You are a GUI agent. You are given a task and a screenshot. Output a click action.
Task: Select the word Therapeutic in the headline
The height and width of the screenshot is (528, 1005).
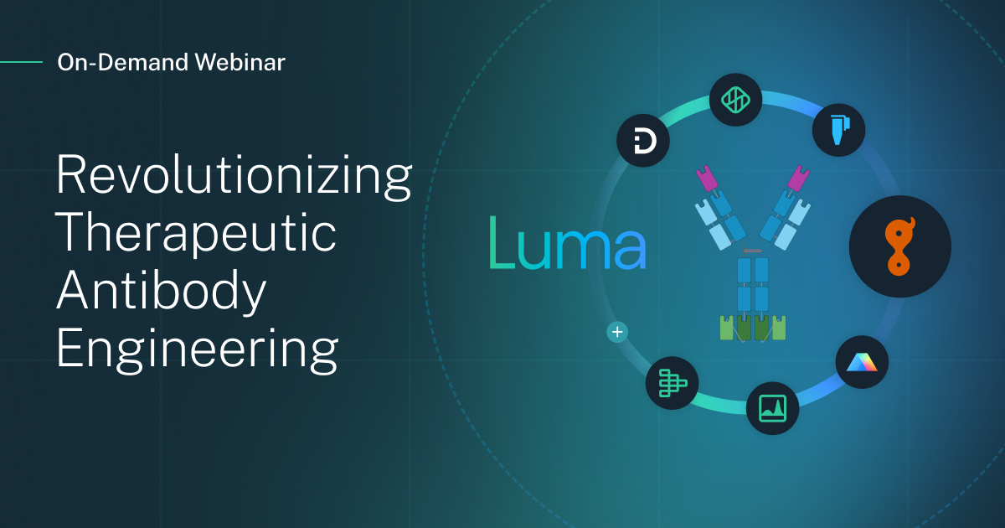click(196, 234)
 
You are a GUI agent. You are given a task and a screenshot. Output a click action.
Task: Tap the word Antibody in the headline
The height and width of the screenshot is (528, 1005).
click(162, 291)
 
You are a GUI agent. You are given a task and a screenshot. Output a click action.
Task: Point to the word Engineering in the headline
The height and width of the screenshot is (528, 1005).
click(198, 348)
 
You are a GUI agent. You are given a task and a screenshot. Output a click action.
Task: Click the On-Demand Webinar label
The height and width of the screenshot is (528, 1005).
click(171, 62)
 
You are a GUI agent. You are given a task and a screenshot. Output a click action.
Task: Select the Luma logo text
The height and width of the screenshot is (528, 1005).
click(567, 243)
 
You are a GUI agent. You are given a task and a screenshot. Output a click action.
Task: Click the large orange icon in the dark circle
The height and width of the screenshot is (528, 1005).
click(899, 246)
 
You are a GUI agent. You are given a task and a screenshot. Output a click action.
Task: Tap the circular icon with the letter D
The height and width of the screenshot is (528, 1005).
click(642, 142)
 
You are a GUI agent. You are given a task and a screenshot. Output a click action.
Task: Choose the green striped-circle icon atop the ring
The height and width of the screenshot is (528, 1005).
click(734, 99)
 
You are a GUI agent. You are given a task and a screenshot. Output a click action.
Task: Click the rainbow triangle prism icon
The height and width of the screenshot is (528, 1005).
click(861, 361)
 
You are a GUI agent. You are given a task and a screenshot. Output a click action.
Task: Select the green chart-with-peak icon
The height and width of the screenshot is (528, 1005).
click(772, 408)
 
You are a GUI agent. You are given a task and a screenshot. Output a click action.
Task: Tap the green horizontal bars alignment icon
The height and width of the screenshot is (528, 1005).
click(672, 383)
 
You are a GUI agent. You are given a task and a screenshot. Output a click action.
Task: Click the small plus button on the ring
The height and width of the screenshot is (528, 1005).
click(617, 332)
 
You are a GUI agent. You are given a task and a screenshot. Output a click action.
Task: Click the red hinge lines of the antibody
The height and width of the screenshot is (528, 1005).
click(752, 251)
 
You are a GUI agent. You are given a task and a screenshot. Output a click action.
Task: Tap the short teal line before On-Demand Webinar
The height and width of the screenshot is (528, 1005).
click(21, 62)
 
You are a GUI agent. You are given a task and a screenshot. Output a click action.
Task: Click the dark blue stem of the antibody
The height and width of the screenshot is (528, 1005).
click(753, 285)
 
